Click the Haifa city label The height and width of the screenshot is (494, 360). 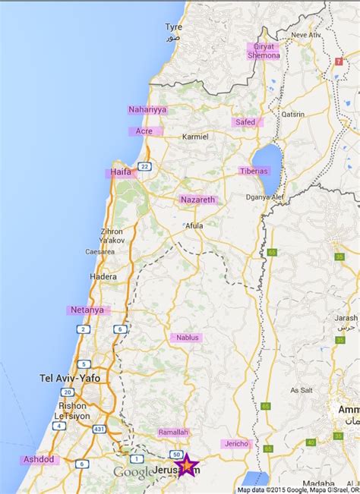(x=121, y=172)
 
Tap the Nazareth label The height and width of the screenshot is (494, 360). (x=198, y=200)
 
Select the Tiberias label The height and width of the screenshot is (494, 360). (x=254, y=171)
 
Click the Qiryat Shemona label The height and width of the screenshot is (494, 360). (x=263, y=51)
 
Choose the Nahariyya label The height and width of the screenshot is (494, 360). (x=147, y=109)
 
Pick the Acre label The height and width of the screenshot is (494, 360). (x=144, y=131)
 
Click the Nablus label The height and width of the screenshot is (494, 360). (x=186, y=337)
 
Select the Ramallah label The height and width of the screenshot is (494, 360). (x=173, y=432)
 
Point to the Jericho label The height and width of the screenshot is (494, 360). (x=235, y=444)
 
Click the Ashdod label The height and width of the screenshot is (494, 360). (x=39, y=459)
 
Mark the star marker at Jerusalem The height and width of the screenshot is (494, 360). (x=186, y=464)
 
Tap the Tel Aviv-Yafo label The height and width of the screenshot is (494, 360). (x=70, y=377)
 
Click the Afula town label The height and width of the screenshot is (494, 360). (x=195, y=225)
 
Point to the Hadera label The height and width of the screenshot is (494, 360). (x=104, y=277)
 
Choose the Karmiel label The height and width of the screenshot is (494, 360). (x=195, y=137)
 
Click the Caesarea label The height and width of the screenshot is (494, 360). (x=99, y=251)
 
